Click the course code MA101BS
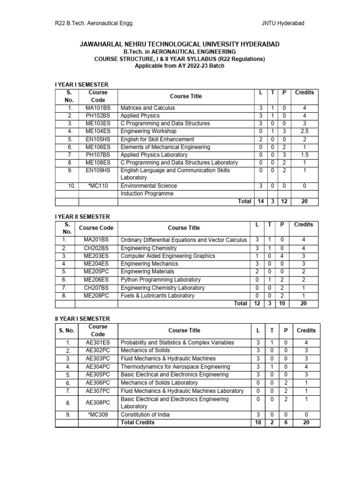(x=98, y=108)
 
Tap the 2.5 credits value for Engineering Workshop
(x=304, y=131)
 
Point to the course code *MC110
(x=98, y=186)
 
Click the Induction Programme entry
(x=147, y=194)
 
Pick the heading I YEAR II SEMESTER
(x=82, y=217)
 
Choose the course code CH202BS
(x=96, y=248)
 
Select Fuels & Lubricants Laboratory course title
(x=157, y=296)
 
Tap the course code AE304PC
(x=98, y=367)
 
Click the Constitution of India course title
(x=145, y=414)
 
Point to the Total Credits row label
(x=137, y=422)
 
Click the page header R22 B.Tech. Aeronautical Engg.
(x=94, y=23)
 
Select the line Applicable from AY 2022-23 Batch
(x=180, y=66)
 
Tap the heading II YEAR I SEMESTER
(x=82, y=319)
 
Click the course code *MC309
(x=98, y=414)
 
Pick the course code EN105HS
(x=98, y=139)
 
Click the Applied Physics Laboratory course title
(x=155, y=155)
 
